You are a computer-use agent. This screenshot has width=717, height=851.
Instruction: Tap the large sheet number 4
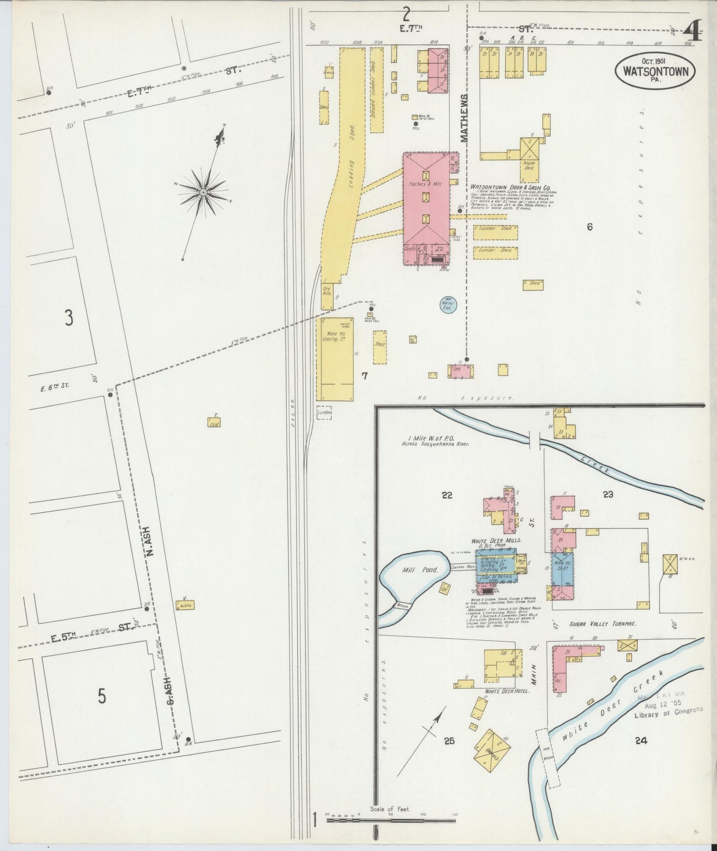coord(693,34)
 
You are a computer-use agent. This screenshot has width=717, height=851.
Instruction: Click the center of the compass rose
coord(203,192)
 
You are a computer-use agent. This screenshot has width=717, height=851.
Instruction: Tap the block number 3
coord(69,318)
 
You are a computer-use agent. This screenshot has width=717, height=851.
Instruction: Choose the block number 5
coord(102,697)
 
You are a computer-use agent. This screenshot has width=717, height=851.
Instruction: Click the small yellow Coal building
coord(214,422)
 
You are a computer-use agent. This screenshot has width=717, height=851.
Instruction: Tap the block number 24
coord(641,741)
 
